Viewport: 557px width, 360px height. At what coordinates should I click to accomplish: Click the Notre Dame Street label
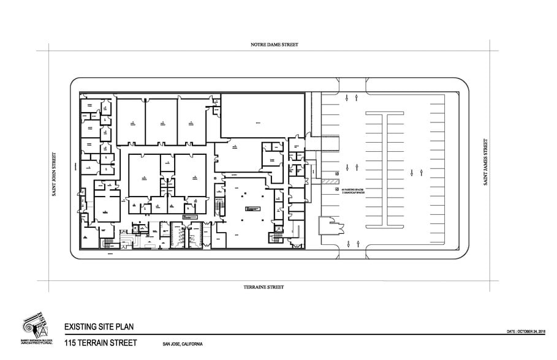[274, 45]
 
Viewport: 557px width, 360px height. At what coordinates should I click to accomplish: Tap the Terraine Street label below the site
[263, 287]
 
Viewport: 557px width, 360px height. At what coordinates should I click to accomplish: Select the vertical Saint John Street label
[54, 174]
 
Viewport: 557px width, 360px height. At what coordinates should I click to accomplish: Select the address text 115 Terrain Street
[100, 342]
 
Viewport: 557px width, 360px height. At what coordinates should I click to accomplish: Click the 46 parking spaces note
[352, 189]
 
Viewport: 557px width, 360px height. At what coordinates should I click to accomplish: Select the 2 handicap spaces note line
[352, 192]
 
